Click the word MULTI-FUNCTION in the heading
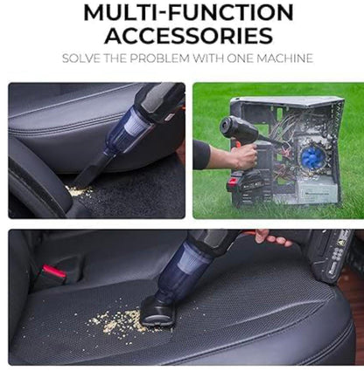point(188,12)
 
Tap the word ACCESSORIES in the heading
point(189,36)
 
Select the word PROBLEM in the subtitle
point(159,58)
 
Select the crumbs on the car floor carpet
point(79,191)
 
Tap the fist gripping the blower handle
point(244,157)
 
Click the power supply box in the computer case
point(317,190)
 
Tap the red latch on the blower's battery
point(234,182)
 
